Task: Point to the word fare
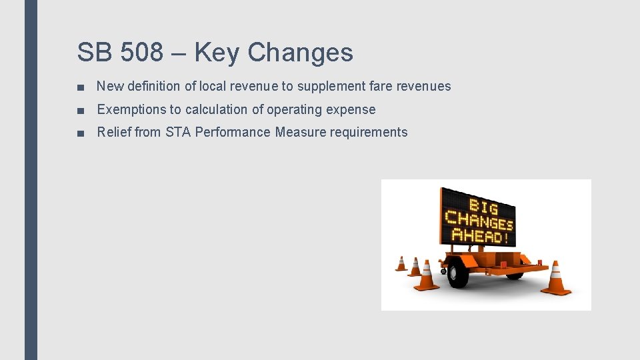(380, 86)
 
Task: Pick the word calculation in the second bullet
(217, 109)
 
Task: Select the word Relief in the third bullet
(114, 132)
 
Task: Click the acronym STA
(178, 132)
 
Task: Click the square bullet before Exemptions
(80, 110)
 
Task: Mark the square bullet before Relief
(80, 133)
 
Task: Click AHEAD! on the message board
(481, 235)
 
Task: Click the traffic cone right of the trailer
(555, 279)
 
